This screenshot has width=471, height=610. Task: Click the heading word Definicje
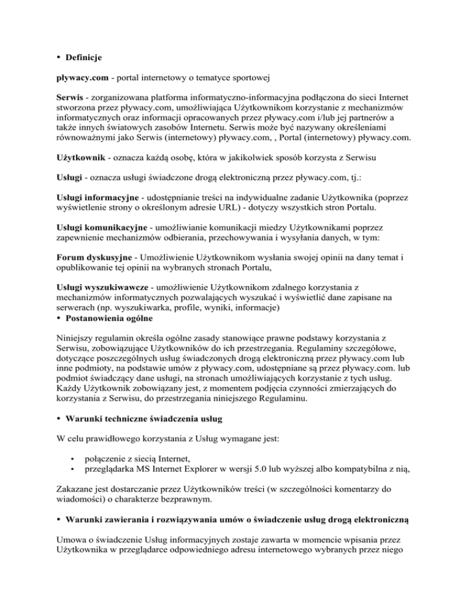click(80, 58)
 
